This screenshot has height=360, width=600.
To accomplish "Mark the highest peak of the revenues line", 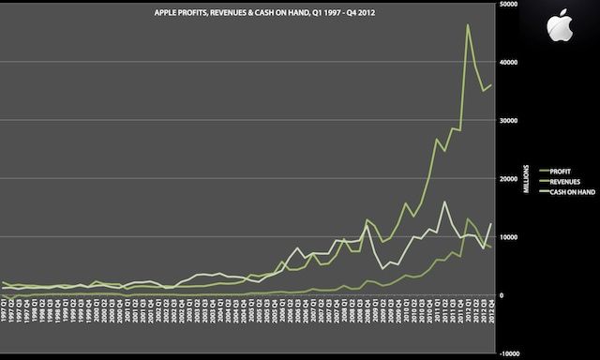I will pos(468,25).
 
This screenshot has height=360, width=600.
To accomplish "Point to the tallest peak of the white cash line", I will pos(444,202).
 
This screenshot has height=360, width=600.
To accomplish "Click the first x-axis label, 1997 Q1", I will pos(5,333).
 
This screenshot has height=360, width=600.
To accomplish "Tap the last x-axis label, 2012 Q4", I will pos(489,333).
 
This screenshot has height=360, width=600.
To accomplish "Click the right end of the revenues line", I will pos(490,85).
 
